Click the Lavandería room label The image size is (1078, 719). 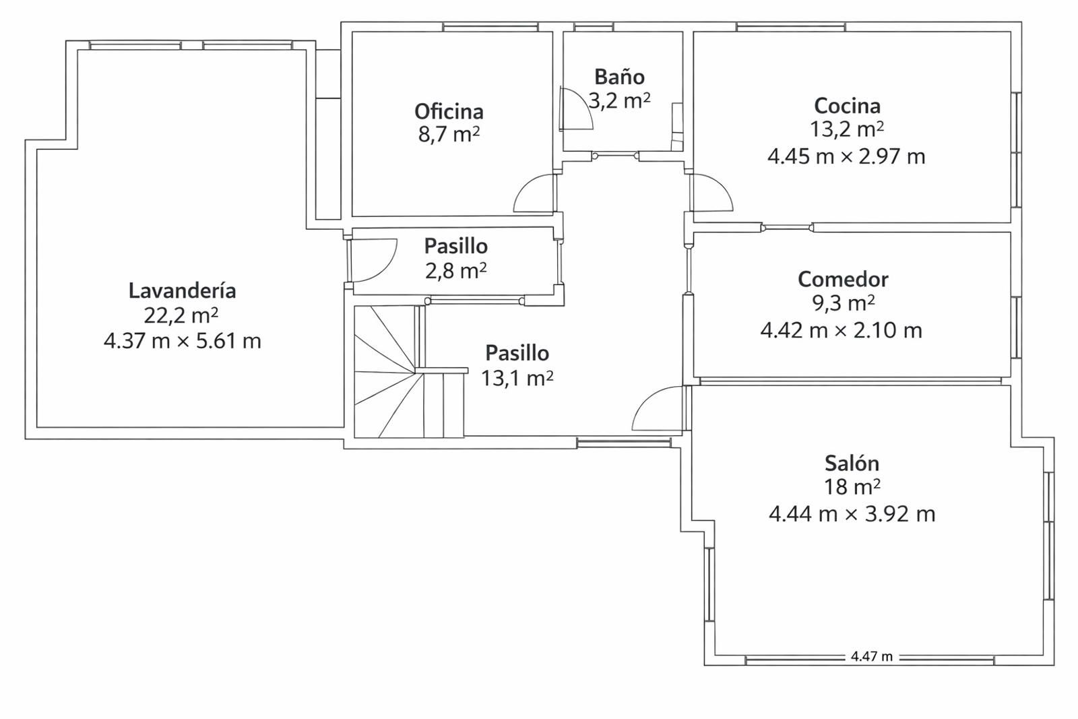[x=183, y=290]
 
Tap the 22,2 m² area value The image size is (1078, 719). [x=181, y=316]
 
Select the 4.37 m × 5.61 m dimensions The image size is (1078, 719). [x=183, y=341]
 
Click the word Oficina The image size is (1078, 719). [x=449, y=111]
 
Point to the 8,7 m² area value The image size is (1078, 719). [x=449, y=135]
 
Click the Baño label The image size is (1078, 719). [x=619, y=77]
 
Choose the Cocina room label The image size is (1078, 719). [x=847, y=105]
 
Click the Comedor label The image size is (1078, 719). [x=843, y=279]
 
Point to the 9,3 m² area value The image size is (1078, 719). [x=843, y=304]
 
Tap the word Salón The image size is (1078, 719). [x=852, y=463]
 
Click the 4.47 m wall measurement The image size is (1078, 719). [x=872, y=656]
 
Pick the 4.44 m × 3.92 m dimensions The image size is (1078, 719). [x=852, y=514]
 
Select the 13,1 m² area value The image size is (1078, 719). [x=517, y=378]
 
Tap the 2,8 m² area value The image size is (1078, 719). [x=455, y=271]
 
